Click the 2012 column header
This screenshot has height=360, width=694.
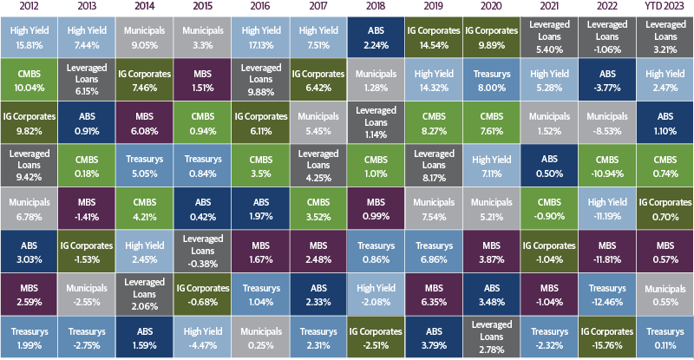tap(28, 7)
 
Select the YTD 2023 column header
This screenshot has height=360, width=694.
tap(666, 7)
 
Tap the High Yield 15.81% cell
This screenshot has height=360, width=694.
tap(28, 36)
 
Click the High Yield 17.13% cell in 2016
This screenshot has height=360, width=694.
tap(259, 36)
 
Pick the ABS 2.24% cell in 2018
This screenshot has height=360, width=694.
tap(376, 36)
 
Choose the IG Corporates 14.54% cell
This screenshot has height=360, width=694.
tap(434, 36)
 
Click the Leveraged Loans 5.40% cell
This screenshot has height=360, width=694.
tap(550, 36)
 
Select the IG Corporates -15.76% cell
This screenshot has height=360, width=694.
tap(608, 337)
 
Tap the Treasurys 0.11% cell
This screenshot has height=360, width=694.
tap(666, 337)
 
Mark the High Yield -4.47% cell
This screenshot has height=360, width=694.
tap(201, 337)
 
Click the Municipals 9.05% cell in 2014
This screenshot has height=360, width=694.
tap(144, 36)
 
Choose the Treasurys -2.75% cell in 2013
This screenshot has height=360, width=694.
tap(86, 337)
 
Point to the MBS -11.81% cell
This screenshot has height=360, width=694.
tap(608, 252)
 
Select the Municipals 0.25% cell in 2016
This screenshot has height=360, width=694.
tap(259, 337)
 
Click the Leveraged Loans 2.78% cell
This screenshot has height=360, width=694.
tap(492, 337)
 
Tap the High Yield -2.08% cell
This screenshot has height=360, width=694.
tap(376, 294)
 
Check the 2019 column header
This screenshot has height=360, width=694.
tap(434, 7)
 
